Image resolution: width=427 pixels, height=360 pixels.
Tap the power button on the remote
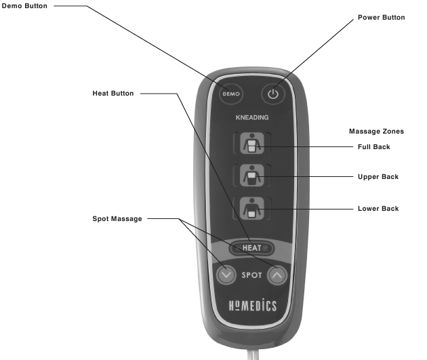pyautogui.click(x=273, y=94)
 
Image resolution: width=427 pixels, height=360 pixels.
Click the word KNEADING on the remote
pyautogui.click(x=252, y=118)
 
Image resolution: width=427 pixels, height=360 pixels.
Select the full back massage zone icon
pyautogui.click(x=252, y=143)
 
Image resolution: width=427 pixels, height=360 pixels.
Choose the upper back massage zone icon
pyautogui.click(x=252, y=176)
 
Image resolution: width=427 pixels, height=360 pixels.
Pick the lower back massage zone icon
pyautogui.click(x=252, y=208)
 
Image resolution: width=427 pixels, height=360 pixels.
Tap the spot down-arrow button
pyautogui.click(x=226, y=275)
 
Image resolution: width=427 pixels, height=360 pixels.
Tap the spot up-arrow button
pyautogui.click(x=277, y=275)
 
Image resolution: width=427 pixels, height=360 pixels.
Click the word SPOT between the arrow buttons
pyautogui.click(x=251, y=275)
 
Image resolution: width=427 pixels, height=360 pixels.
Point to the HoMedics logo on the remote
pyautogui.click(x=253, y=305)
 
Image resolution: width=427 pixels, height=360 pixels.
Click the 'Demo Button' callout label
pyautogui.click(x=24, y=6)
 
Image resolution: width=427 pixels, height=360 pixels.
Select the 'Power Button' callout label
pyautogui.click(x=381, y=18)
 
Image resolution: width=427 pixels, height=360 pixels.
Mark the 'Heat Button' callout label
pyautogui.click(x=113, y=94)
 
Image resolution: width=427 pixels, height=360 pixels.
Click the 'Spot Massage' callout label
pyautogui.click(x=117, y=219)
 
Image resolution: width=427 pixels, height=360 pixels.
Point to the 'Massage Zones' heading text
pyautogui.click(x=376, y=132)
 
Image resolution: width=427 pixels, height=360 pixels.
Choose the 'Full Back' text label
pyautogui.click(x=374, y=146)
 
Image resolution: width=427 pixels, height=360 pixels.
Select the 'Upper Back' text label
pyautogui.click(x=378, y=177)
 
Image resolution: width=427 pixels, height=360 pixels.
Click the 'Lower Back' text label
pyautogui.click(x=378, y=209)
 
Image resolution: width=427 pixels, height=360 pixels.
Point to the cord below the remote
pyautogui.click(x=253, y=355)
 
